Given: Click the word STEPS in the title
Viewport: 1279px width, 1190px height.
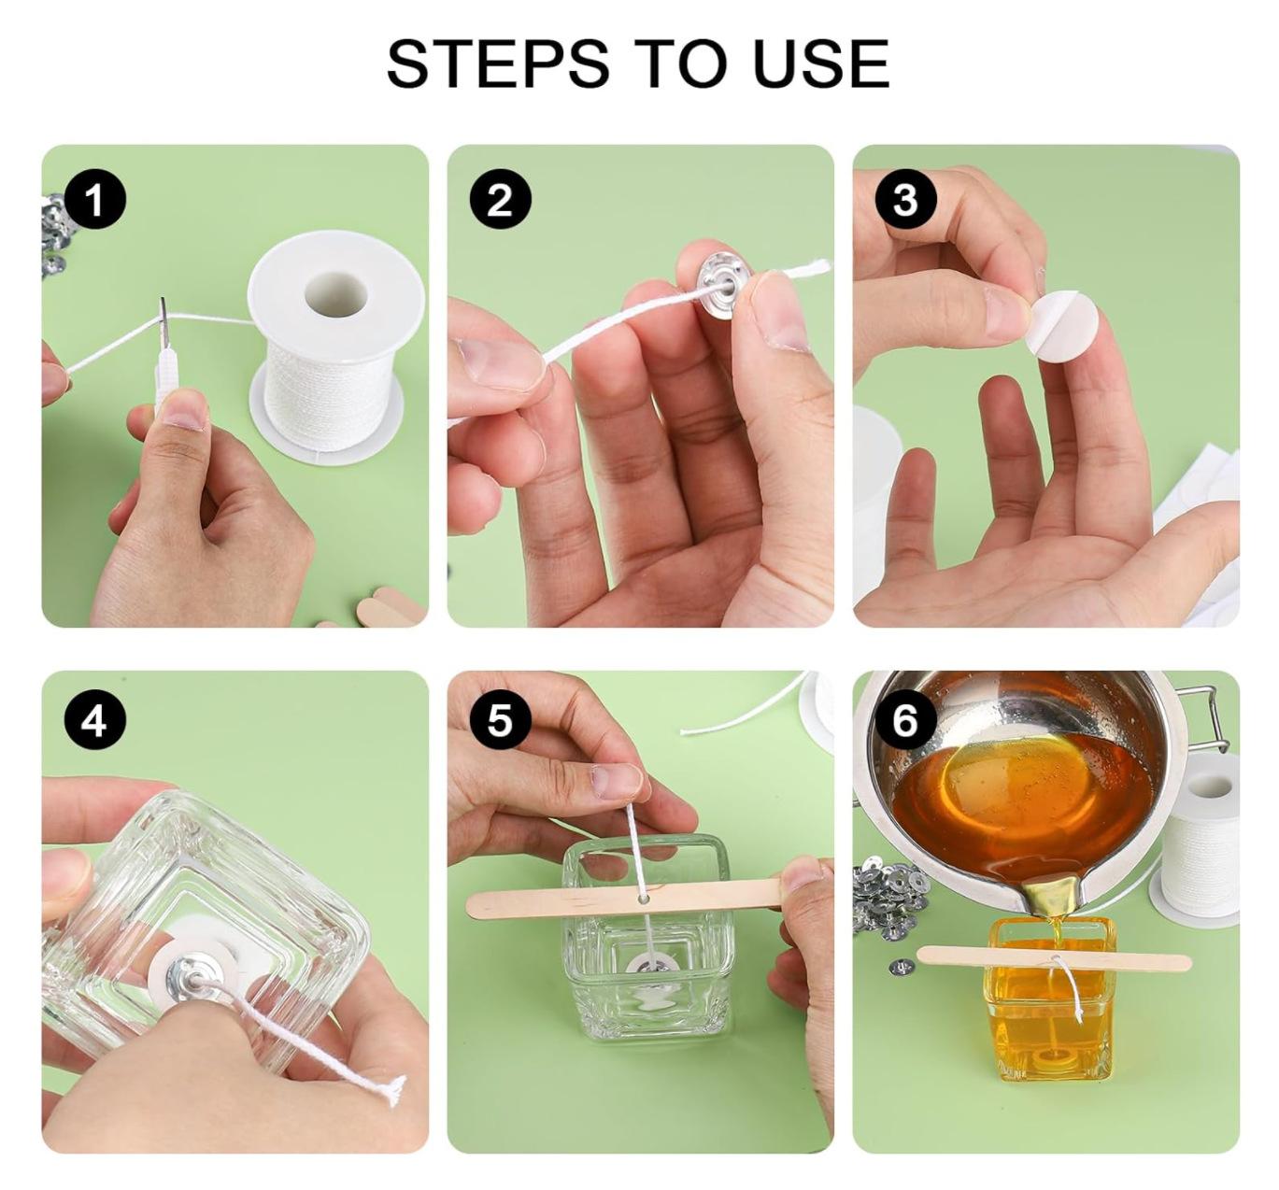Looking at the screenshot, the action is [x=498, y=64].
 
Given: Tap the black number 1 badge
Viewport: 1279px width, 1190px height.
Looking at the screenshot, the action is [x=95, y=201].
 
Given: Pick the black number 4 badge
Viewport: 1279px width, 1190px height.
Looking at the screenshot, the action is [x=94, y=721].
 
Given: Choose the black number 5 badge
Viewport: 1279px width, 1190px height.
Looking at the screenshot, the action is [x=501, y=720].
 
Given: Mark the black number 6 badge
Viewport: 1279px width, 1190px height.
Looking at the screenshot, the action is [x=905, y=720].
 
